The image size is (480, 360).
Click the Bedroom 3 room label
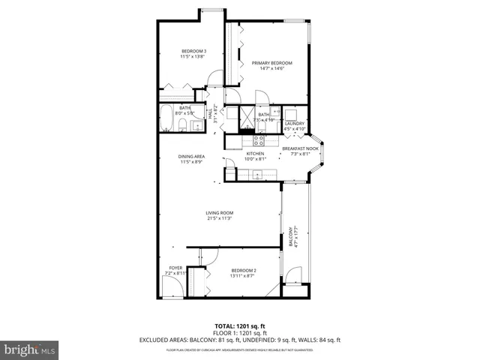click(x=193, y=51)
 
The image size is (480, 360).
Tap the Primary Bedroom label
click(x=271, y=63)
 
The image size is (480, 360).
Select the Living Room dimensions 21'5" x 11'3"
click(x=220, y=218)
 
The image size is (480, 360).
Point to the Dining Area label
click(x=191, y=156)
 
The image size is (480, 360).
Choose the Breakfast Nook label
click(x=300, y=148)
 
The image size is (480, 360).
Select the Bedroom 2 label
click(x=244, y=270)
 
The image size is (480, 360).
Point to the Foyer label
click(x=175, y=268)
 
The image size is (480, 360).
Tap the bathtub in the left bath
click(x=166, y=118)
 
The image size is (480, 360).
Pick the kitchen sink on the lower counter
click(x=257, y=175)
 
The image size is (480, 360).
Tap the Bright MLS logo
click(x=30, y=349)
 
